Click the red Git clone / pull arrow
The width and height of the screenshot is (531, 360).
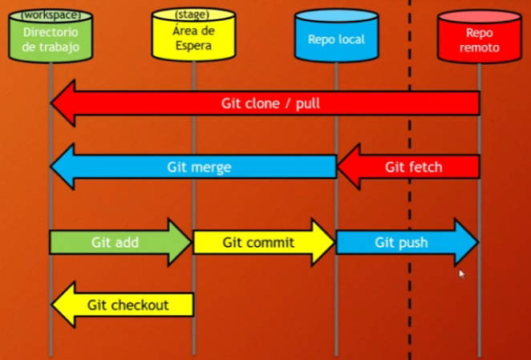pyautogui.click(x=265, y=103)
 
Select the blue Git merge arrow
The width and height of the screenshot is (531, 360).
pyautogui.click(x=193, y=167)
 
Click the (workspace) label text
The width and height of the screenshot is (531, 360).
pyautogui.click(x=50, y=15)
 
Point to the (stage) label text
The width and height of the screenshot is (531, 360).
pyautogui.click(x=193, y=15)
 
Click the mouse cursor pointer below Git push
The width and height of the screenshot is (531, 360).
pyautogui.click(x=461, y=273)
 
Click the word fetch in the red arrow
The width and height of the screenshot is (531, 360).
pyautogui.click(x=426, y=167)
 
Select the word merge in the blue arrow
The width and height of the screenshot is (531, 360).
pyautogui.click(x=213, y=167)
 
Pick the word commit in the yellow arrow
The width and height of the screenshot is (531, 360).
pyautogui.click(x=274, y=242)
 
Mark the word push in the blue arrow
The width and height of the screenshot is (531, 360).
pyautogui.click(x=414, y=242)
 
